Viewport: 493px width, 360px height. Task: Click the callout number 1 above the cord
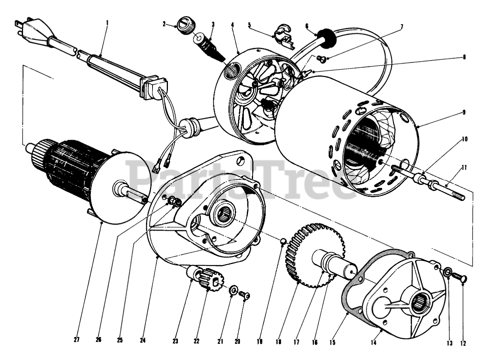click(107, 22)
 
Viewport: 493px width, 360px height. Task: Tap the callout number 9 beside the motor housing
click(464, 112)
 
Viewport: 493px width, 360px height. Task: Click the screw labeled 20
click(245, 296)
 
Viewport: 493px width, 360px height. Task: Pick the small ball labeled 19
click(282, 241)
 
